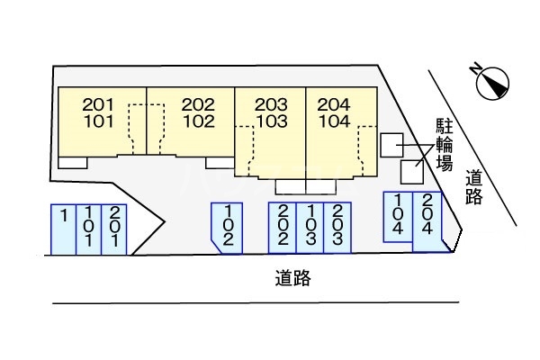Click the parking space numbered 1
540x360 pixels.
64,229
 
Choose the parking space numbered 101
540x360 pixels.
89,229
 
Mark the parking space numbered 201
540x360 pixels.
114,229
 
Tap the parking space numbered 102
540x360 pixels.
227,227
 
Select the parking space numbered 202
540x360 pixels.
283,227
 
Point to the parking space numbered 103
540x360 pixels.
310,227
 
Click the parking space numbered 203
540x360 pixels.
337,227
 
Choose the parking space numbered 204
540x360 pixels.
427,220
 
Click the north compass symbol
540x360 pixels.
490,81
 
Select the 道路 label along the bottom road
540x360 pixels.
292,279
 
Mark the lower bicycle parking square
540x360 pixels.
411,170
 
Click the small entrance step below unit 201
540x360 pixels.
73,162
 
